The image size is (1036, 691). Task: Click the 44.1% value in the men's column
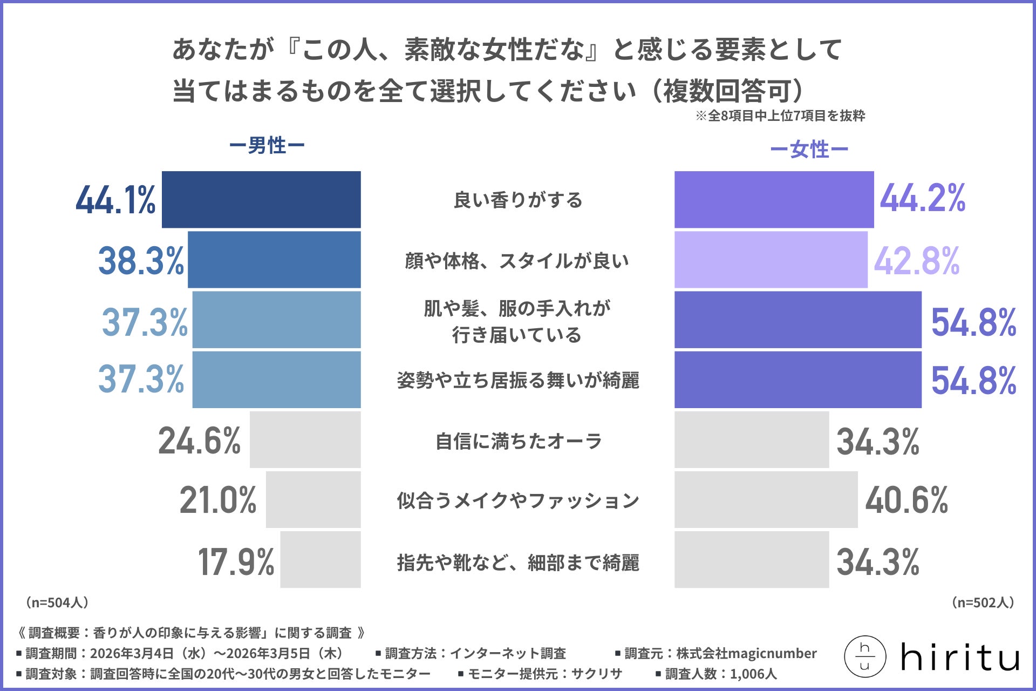(115, 200)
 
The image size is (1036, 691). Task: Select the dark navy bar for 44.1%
(261, 200)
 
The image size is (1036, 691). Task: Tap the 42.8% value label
(916, 261)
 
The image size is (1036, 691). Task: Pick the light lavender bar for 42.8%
(771, 260)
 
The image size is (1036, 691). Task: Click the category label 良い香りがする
(518, 200)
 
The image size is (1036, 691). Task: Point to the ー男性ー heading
(267, 146)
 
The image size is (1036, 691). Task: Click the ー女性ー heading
(809, 150)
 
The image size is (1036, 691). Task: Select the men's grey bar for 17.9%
(320, 559)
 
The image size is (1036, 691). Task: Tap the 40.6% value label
(906, 500)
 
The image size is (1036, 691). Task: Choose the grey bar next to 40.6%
(766, 499)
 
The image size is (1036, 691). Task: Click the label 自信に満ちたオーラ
(518, 441)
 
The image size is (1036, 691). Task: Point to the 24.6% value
(199, 441)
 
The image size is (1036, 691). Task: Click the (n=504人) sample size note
(57, 602)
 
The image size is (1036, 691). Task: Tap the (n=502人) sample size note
(983, 602)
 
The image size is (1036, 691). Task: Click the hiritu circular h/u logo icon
(864, 657)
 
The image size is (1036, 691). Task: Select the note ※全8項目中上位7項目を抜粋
(780, 116)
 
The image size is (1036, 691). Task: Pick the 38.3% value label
(141, 261)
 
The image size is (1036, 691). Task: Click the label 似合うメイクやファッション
(518, 500)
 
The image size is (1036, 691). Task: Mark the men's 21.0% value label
(218, 500)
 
